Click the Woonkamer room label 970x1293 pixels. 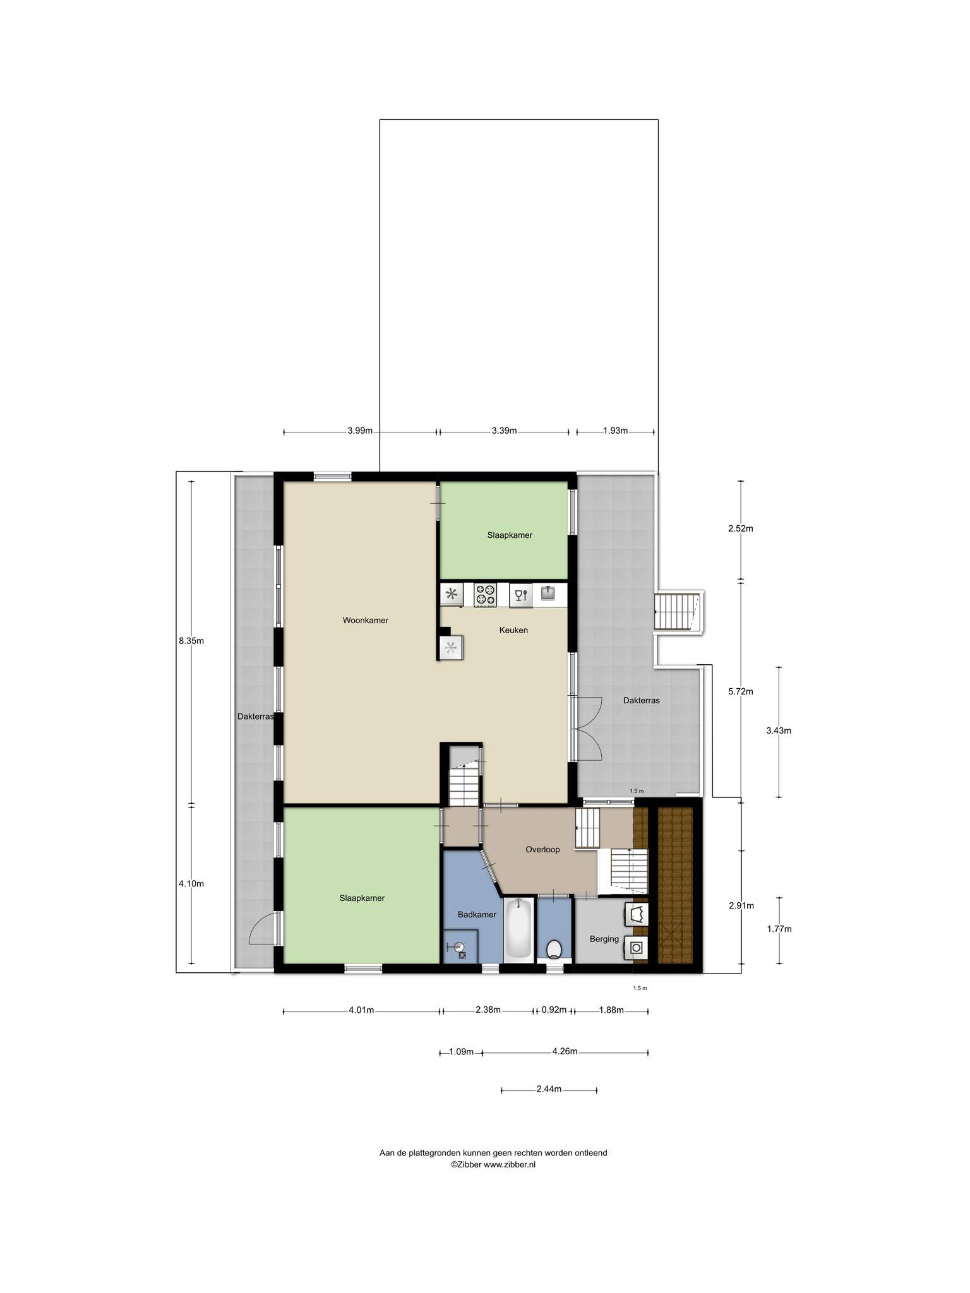tap(365, 620)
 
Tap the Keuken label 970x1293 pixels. tap(513, 629)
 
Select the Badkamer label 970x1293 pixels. tap(477, 914)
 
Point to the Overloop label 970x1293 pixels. tap(542, 849)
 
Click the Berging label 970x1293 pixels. tap(604, 939)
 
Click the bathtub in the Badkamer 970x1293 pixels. tap(519, 930)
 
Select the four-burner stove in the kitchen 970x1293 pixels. tap(486, 595)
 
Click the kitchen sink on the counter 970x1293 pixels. tap(548, 593)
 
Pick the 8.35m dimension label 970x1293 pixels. tap(191, 641)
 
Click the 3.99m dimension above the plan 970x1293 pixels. tap(360, 431)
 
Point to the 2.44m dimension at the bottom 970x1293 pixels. tap(549, 1088)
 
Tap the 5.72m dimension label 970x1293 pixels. tap(741, 691)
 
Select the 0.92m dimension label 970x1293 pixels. tap(554, 1010)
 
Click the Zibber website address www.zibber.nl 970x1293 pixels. tap(510, 1165)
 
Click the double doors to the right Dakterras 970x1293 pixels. tap(587, 729)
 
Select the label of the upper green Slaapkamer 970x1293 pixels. tap(510, 535)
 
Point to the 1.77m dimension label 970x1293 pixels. tap(779, 929)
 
